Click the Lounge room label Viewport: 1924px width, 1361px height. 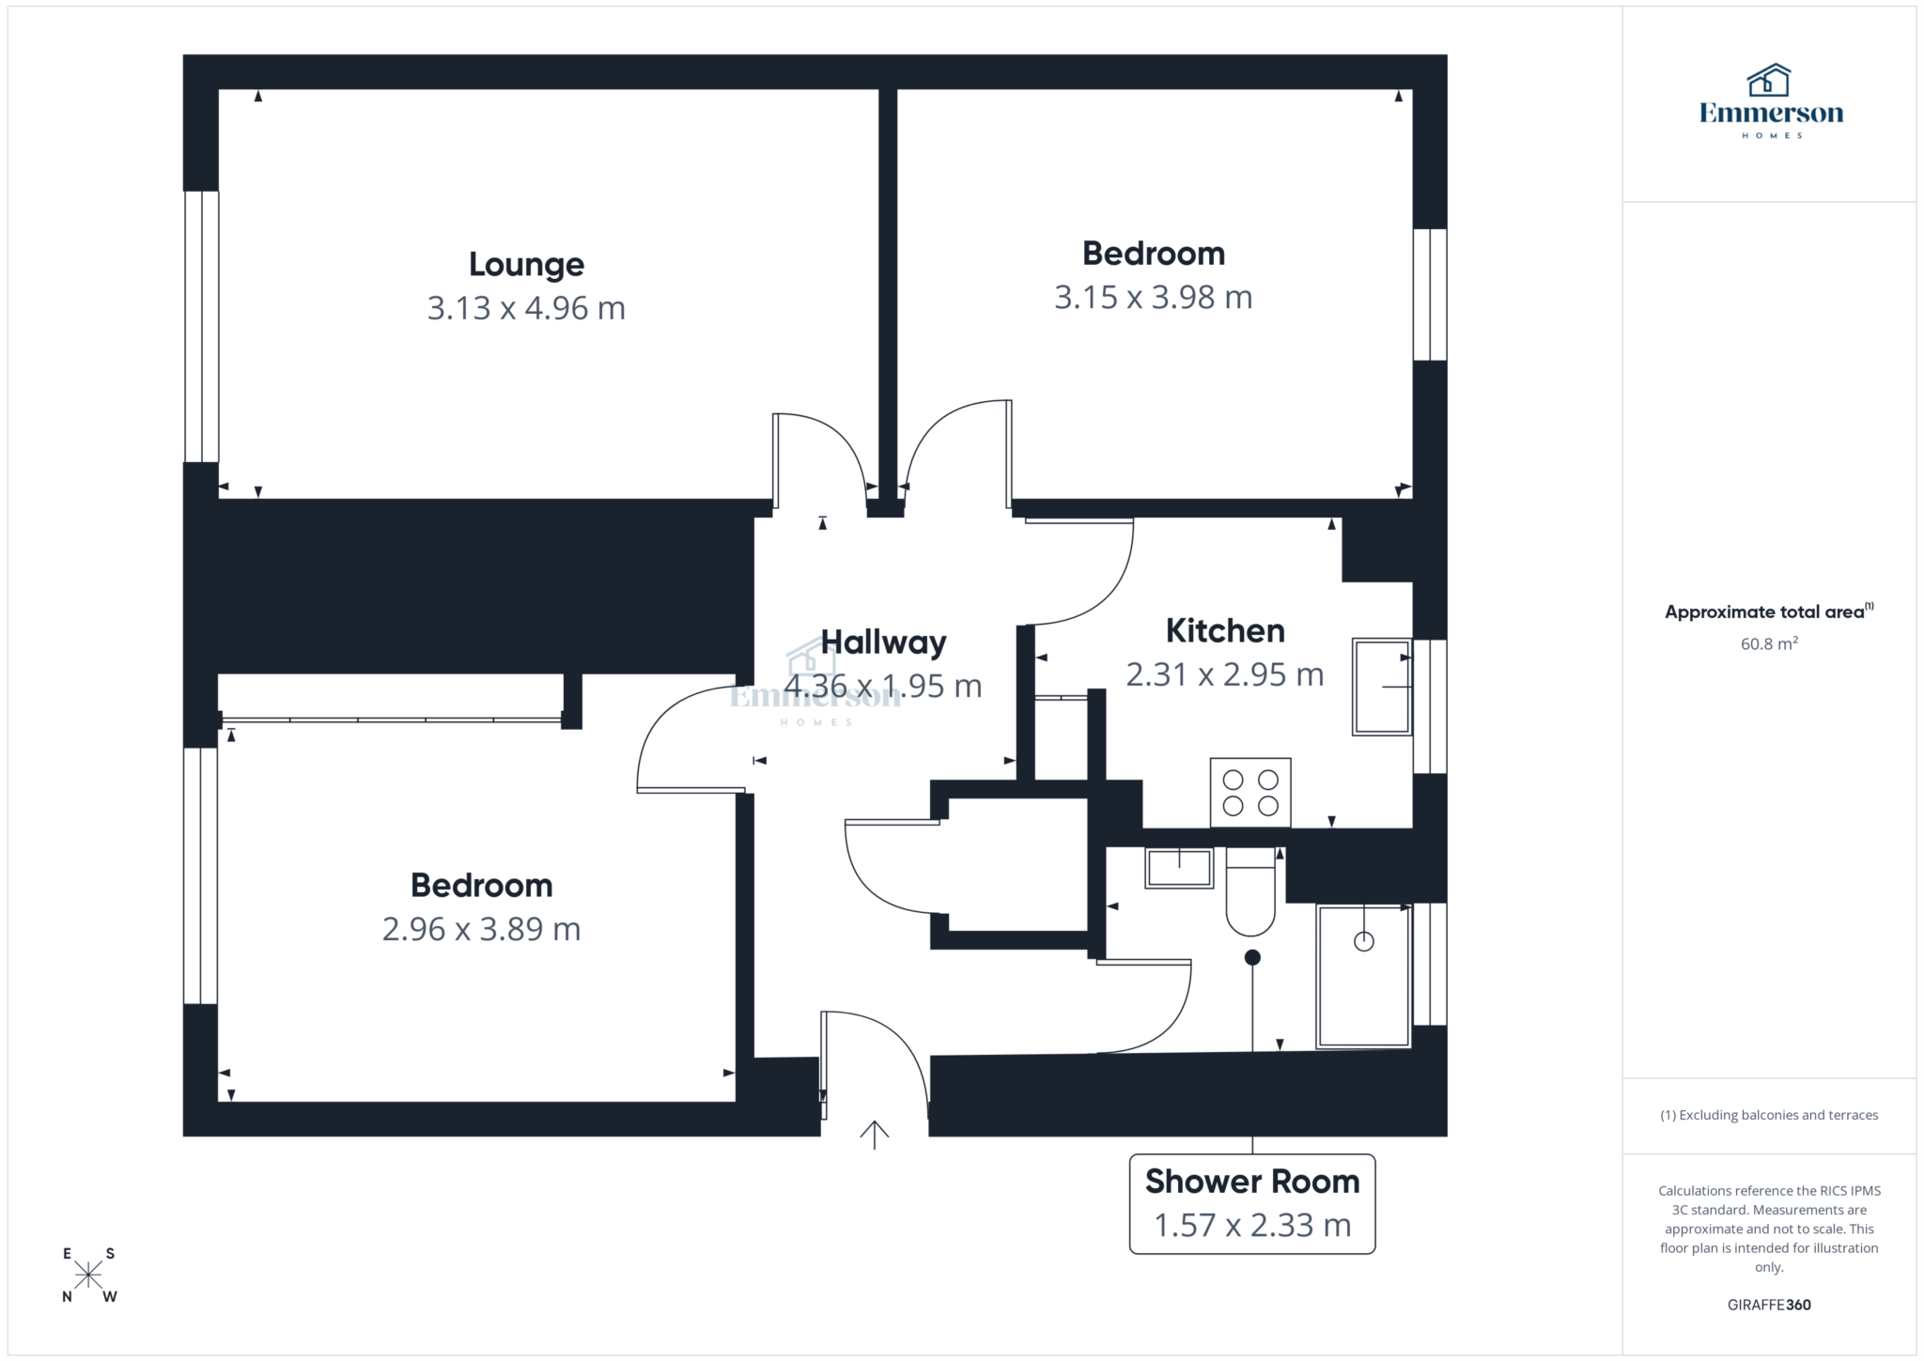[526, 265]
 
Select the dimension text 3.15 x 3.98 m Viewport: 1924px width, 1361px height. [1153, 298]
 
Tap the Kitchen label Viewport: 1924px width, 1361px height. [1225, 631]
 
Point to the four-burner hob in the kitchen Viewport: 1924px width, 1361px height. [1250, 793]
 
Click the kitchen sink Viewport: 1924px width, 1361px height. [1381, 687]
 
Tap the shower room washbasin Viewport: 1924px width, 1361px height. [1179, 868]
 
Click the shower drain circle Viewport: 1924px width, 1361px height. [1363, 941]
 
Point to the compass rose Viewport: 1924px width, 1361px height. [89, 1275]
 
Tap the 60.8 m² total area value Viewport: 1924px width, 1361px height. [1769, 644]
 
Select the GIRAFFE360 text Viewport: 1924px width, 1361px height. [1769, 1305]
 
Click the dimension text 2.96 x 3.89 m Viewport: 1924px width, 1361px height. [481, 930]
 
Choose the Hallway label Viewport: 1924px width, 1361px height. [883, 643]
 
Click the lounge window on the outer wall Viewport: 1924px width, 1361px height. [201, 327]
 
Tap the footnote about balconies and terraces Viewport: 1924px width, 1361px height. [1769, 1116]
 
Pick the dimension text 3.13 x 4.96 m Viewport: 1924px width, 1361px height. [526, 308]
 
